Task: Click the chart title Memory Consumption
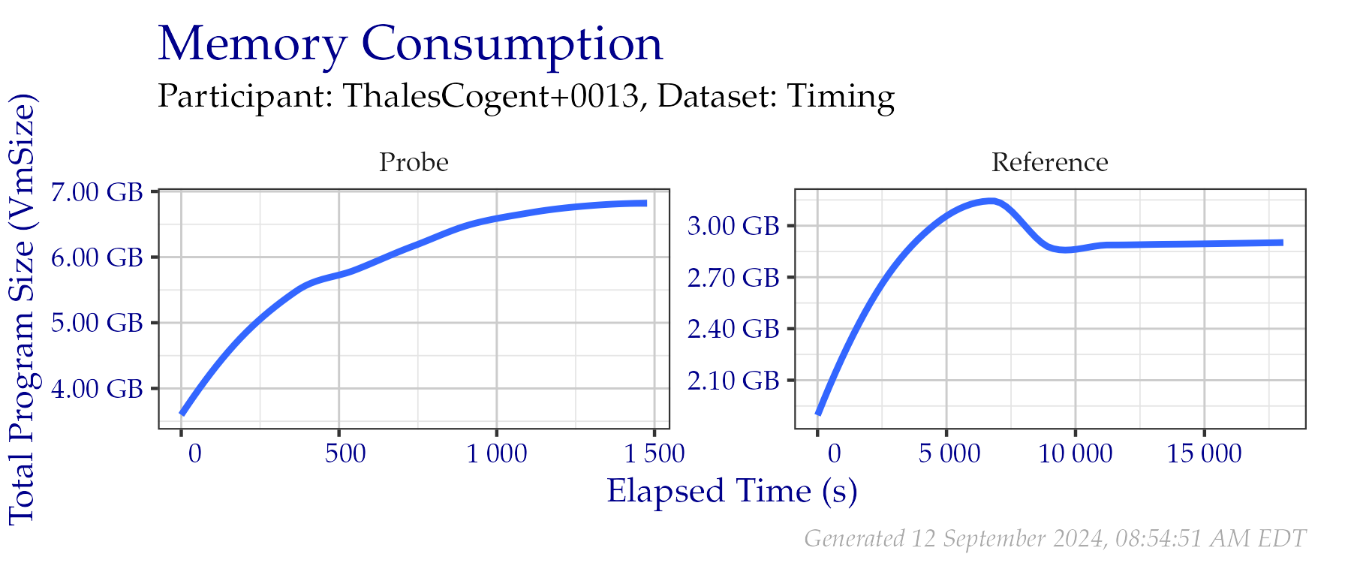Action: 411,44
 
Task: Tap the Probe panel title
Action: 414,162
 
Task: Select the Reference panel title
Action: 1049,162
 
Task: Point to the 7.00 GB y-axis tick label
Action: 97,192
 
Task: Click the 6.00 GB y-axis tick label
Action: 97,257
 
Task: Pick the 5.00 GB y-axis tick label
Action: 97,323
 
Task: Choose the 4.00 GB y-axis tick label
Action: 97,389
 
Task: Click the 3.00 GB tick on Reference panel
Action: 733,226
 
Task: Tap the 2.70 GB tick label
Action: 733,278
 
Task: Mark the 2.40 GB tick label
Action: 733,329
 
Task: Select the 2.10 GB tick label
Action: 733,381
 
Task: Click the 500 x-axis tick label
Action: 345,453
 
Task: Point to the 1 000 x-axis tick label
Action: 497,453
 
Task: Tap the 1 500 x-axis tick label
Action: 654,453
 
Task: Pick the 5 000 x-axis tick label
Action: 949,453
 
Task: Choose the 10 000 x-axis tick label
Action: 1076,453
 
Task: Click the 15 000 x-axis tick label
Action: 1204,453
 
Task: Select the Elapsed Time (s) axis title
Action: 732,492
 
